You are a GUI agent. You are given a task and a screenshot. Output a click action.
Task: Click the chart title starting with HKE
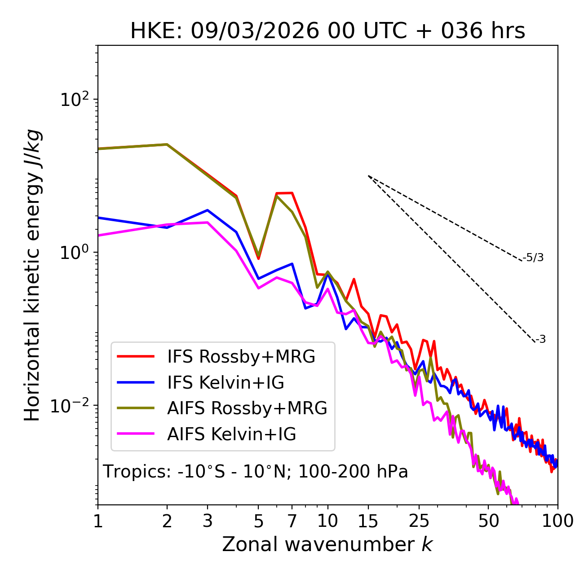click(327, 31)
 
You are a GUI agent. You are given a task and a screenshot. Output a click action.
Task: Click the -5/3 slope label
click(533, 258)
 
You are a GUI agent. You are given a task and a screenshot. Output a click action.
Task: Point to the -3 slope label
click(540, 339)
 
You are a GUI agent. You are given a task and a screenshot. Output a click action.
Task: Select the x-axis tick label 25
click(419, 521)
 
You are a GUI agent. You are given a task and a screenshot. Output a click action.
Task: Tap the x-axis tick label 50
click(489, 521)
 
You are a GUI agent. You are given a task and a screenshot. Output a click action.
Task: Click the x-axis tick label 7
click(292, 521)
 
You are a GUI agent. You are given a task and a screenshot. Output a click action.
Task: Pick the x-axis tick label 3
click(208, 521)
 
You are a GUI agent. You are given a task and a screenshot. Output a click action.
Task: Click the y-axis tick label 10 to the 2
click(74, 99)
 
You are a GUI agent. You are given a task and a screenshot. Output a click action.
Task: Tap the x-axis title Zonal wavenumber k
click(327, 544)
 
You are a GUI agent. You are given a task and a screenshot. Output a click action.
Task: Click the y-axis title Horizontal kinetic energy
click(32, 275)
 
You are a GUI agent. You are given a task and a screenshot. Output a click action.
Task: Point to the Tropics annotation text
click(255, 472)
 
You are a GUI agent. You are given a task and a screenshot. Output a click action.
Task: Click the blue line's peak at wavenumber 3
click(208, 210)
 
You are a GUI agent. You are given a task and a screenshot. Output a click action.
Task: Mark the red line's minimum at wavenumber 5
click(258, 259)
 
